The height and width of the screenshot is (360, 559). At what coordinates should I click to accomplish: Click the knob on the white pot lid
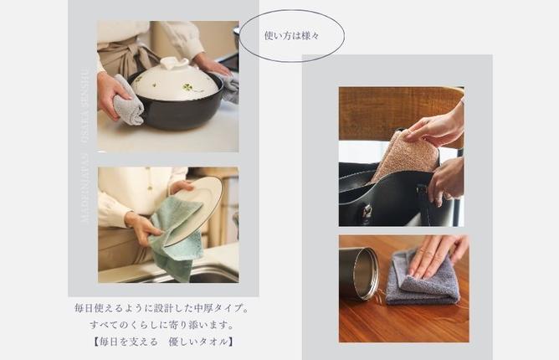pos(174,63)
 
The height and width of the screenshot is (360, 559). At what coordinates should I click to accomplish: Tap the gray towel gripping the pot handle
pos(129,98)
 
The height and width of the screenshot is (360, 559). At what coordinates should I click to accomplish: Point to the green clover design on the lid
pos(190,86)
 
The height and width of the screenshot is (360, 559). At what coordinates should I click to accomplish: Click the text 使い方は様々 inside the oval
pos(290,35)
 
